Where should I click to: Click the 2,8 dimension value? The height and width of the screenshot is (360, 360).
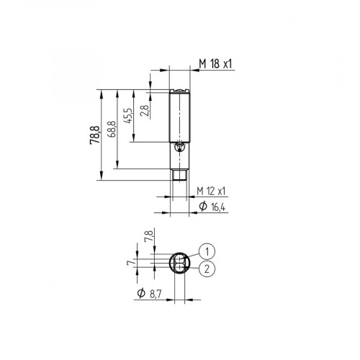click(x=145, y=110)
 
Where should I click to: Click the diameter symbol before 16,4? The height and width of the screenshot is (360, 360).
click(x=202, y=207)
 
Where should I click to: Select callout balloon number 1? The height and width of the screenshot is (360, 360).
click(x=207, y=251)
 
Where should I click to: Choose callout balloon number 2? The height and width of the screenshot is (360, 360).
click(x=207, y=269)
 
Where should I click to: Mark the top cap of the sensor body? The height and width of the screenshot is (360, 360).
click(x=178, y=91)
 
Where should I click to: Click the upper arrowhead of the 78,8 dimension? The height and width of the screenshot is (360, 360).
click(x=100, y=90)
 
